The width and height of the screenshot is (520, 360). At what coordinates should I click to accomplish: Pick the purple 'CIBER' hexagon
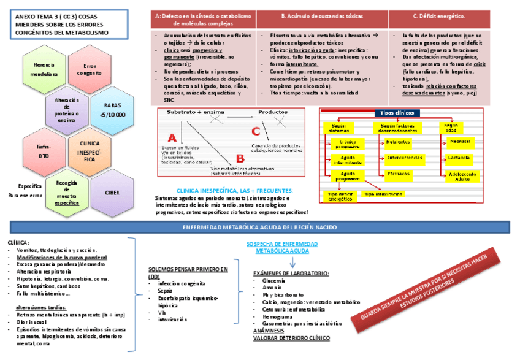[112, 193]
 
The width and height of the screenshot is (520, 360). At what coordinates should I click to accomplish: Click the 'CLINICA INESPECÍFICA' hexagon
[89, 151]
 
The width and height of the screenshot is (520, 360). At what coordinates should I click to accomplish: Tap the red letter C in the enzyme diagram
[256, 131]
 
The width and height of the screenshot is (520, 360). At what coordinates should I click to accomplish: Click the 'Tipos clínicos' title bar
[396, 113]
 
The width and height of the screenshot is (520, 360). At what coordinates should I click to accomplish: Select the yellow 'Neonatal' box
[460, 142]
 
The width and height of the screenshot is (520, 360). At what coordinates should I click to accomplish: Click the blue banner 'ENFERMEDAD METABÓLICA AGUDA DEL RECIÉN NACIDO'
[260, 228]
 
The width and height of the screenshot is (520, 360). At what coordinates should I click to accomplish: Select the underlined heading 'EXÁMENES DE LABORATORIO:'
[291, 273]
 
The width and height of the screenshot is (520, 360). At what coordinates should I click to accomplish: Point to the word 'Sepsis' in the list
[165, 291]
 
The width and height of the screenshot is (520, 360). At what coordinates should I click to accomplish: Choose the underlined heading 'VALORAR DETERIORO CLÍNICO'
[291, 338]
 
